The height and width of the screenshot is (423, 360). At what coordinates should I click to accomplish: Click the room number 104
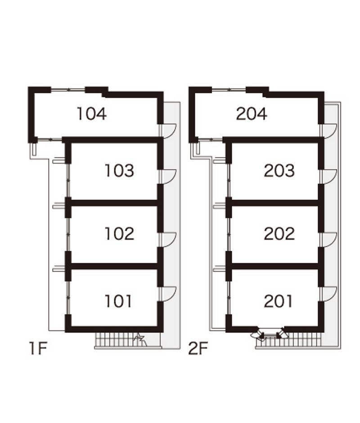tap(92, 114)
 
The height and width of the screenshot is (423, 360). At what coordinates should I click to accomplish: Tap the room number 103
tap(119, 170)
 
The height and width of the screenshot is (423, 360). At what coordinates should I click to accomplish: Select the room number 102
tap(119, 234)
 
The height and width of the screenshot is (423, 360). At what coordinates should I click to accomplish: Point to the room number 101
tap(118, 301)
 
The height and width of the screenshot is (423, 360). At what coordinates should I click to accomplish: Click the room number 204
tap(252, 114)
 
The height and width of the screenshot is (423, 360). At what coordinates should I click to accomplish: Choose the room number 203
tap(279, 170)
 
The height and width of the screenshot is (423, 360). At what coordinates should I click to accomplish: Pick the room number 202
tap(279, 234)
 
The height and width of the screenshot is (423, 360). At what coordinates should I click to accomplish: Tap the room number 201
tap(278, 301)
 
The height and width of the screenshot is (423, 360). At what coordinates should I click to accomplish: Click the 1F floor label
tap(38, 348)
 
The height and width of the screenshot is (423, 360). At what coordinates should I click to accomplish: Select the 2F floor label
tap(198, 348)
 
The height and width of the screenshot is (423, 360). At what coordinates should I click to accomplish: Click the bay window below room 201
tap(270, 334)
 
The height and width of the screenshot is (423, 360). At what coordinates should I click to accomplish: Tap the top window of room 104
tap(68, 89)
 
